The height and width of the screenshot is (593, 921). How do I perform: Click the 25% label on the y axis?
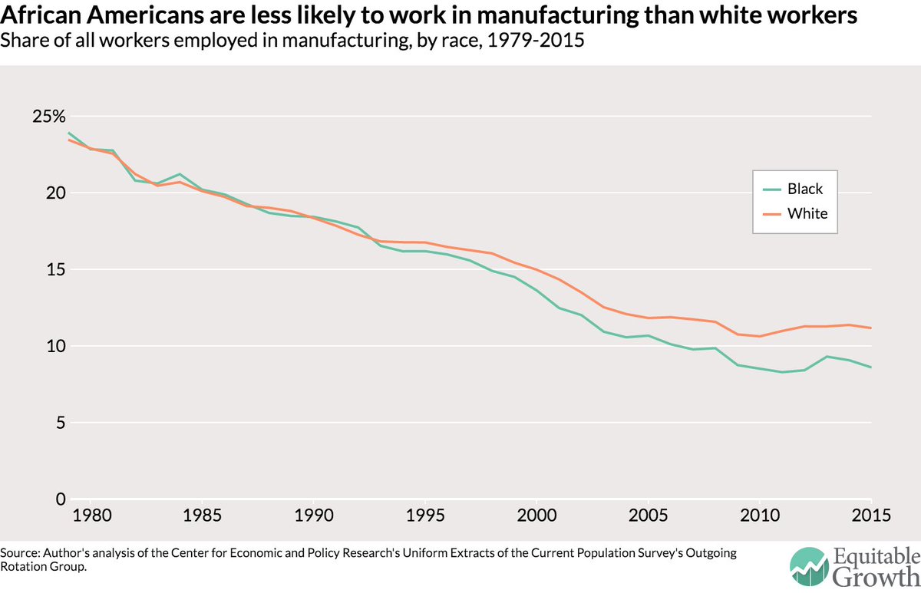(49, 117)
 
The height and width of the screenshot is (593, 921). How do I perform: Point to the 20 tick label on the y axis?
(56, 193)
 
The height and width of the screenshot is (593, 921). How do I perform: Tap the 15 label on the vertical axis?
(56, 269)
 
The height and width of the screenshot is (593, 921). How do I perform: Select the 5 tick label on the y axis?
(61, 423)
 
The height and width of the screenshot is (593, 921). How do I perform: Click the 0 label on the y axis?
(61, 499)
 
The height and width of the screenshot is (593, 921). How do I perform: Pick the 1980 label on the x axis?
(92, 516)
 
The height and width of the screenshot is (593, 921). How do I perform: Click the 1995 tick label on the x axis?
(425, 516)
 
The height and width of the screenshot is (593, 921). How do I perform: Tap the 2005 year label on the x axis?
(648, 516)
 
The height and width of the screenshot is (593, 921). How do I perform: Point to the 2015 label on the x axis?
(871, 516)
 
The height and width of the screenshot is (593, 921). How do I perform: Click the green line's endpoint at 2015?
(871, 367)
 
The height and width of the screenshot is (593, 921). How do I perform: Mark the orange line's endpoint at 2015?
(871, 328)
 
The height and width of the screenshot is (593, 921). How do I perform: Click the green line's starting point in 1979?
(68, 133)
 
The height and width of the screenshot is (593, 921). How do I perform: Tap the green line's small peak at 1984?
(180, 174)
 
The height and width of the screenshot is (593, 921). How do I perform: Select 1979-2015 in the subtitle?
(536, 40)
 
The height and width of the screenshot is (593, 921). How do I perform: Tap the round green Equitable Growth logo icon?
(810, 567)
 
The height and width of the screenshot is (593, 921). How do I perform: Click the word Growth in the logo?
(876, 577)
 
